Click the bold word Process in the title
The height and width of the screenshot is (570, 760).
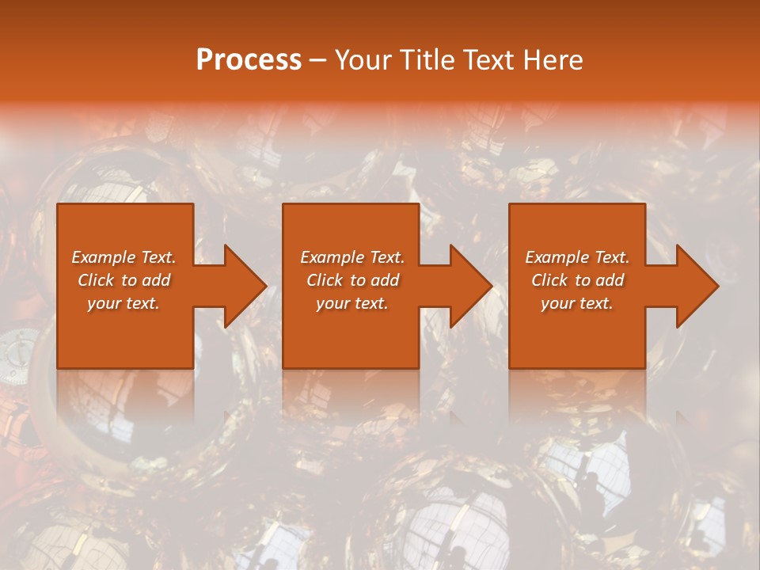point(249,60)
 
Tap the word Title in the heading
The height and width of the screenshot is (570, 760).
point(425,60)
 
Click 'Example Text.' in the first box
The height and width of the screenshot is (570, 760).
point(123,257)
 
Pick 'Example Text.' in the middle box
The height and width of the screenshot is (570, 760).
point(352,257)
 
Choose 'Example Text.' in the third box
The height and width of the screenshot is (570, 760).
point(577,257)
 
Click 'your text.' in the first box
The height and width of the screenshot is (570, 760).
point(123,303)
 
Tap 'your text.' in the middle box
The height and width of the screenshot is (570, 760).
point(352,303)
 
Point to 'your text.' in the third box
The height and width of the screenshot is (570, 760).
point(577,303)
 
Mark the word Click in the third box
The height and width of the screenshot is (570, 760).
point(550,280)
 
